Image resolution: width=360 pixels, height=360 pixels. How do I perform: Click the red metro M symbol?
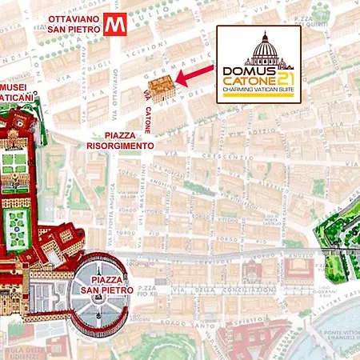(x=113, y=25)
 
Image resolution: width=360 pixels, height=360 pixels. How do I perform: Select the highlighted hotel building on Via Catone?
(x=158, y=89)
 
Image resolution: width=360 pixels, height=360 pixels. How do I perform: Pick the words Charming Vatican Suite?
(x=259, y=90)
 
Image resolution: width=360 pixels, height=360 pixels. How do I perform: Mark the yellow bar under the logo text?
(x=259, y=97)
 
